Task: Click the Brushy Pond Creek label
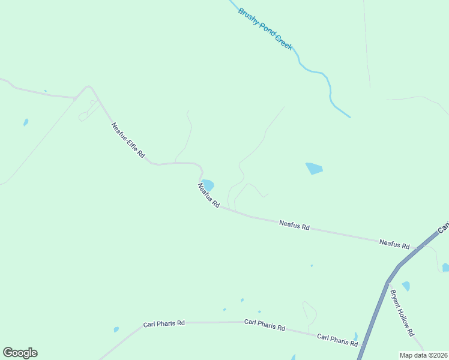(x=265, y=29)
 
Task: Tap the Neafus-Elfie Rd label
(x=128, y=140)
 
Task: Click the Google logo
(x=20, y=353)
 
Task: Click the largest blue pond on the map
(x=314, y=169)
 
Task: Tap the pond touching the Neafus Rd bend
(x=208, y=185)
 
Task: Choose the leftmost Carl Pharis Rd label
(x=163, y=324)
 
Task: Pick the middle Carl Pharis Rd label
(x=264, y=325)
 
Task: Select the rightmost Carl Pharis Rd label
(x=337, y=340)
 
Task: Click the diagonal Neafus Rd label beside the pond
(x=208, y=196)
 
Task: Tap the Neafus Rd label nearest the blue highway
(x=394, y=244)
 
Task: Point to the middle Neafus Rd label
(x=294, y=226)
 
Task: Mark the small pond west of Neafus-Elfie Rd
(x=26, y=122)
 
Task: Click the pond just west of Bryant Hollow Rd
(x=406, y=286)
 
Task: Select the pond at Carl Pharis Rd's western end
(x=116, y=329)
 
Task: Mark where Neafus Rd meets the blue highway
(x=418, y=247)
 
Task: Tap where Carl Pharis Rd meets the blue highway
(x=363, y=346)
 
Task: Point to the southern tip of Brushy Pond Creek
(x=349, y=117)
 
